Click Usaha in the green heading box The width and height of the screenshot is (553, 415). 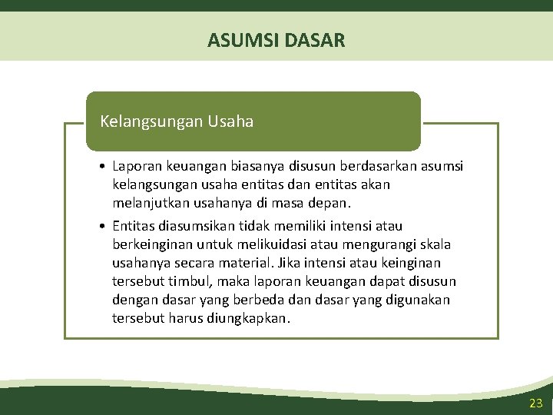coord(230,121)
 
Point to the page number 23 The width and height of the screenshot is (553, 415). coord(535,403)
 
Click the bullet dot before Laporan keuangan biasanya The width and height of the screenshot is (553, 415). coord(102,166)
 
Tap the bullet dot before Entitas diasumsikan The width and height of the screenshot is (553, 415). coord(102,226)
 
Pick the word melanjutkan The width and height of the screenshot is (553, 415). coord(150,204)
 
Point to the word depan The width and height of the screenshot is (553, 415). coord(329,204)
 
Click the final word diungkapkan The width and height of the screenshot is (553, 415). coord(249,318)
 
